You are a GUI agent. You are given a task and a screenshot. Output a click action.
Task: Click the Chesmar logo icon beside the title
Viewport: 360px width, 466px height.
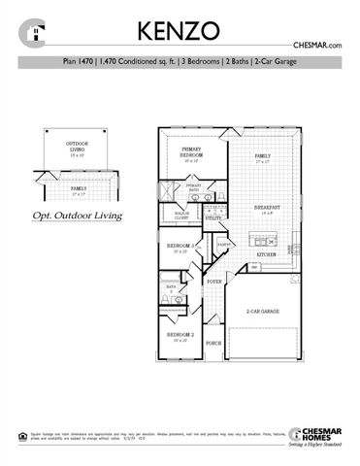[x=36, y=31]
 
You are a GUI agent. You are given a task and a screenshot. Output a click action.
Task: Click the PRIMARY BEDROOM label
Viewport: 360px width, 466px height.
[x=190, y=152]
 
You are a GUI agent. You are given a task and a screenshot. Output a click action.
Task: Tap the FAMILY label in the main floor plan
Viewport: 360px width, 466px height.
[x=262, y=156]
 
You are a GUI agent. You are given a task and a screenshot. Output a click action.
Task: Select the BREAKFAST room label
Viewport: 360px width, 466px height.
[x=267, y=208]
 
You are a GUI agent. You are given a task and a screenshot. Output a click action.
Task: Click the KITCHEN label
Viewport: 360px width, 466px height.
[x=267, y=254]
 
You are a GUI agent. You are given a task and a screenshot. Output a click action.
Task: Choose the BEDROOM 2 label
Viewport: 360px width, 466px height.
[x=184, y=335]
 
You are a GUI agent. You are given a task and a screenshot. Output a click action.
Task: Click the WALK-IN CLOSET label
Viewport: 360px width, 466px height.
[x=181, y=216]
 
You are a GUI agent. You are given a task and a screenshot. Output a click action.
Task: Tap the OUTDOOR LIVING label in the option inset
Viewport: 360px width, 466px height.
[x=76, y=146]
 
